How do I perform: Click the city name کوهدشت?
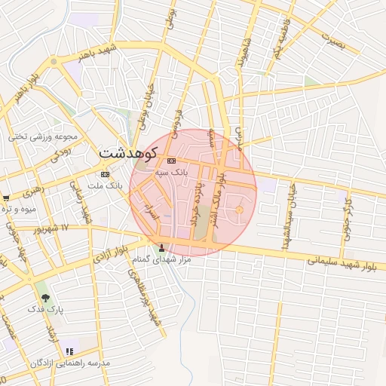click(127, 154)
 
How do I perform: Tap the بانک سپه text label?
click(170, 173)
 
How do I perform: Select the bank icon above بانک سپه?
click(170, 161)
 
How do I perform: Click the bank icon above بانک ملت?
click(105, 173)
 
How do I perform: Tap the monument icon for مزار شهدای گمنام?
click(161, 247)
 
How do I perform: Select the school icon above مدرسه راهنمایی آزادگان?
click(70, 351)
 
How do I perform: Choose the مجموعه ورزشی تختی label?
click(44, 136)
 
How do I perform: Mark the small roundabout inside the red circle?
click(240, 210)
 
